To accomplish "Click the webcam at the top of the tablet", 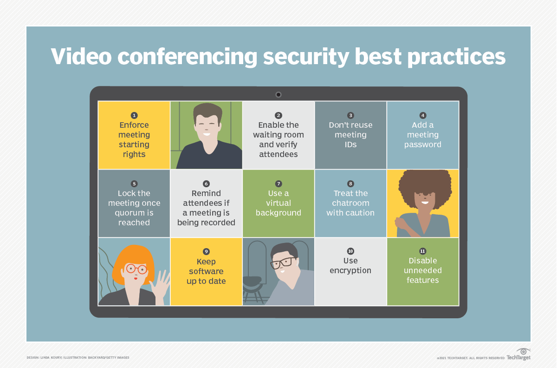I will point(278,95).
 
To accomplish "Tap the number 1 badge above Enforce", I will point(134,115).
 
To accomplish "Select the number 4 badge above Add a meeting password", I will point(423,115).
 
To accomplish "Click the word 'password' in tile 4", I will point(423,145).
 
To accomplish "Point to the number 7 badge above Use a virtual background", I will point(278,184).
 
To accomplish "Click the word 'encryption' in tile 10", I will point(350,270).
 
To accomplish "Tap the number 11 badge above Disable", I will point(423,251).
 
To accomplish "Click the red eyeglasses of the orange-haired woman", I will point(136,269).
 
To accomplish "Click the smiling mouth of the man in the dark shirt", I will point(207,134).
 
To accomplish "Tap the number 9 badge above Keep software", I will point(206,251).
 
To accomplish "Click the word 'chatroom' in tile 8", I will point(350,203).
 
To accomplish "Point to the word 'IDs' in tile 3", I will point(350,145).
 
